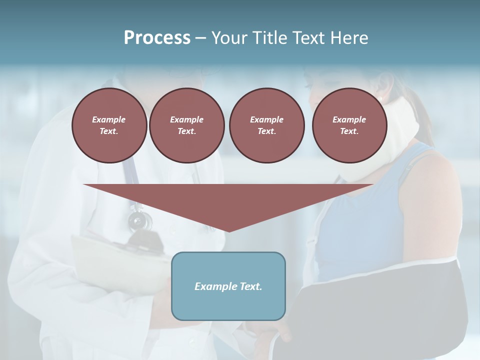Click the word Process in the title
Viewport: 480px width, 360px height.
[157, 38]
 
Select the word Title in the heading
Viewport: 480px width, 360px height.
[269, 38]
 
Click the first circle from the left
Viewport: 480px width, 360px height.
[109, 125]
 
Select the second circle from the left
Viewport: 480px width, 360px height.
[186, 125]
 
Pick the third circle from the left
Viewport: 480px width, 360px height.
[266, 125]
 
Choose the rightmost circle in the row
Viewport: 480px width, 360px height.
[349, 125]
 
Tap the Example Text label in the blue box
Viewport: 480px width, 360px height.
[228, 286]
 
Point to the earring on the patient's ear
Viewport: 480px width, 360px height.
[379, 98]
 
